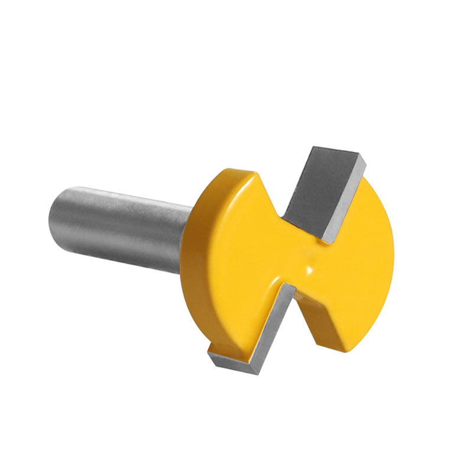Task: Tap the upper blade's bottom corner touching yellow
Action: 325,239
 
